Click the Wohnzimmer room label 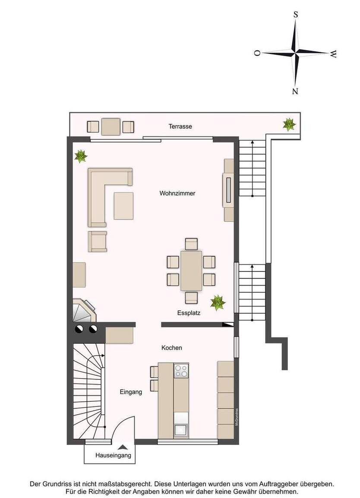[177, 193]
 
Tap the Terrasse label [180, 126]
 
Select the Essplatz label [189, 313]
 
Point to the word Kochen [172, 347]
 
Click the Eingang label [131, 392]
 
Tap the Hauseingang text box [113, 455]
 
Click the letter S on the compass [296, 14]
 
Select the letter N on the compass [295, 91]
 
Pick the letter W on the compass [333, 54]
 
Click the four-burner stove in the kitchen [181, 370]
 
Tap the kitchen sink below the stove [181, 429]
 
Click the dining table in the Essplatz [191, 271]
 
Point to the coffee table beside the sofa [123, 205]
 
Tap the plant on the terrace [289, 124]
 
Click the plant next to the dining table [218, 302]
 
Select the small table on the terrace [111, 126]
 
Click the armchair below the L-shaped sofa [98, 241]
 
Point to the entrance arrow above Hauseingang [123, 447]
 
